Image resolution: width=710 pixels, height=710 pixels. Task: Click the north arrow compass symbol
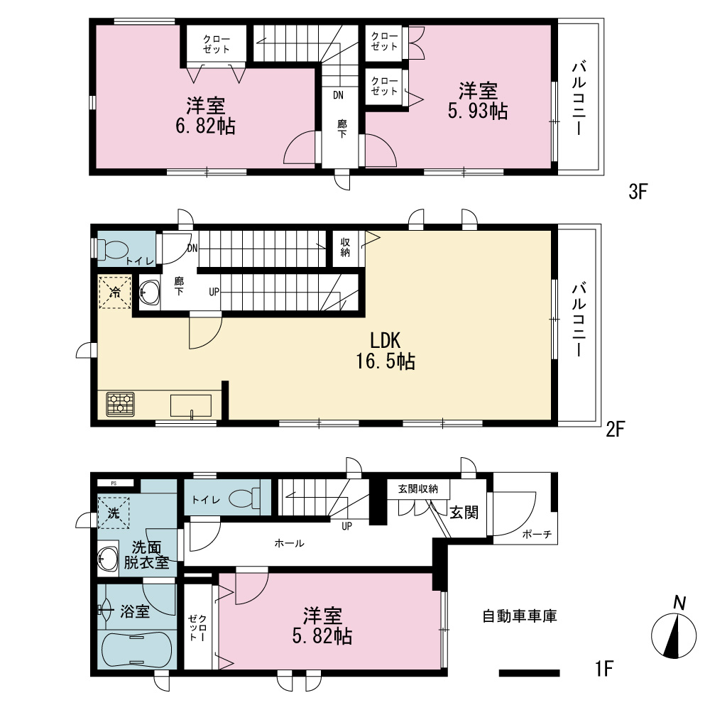674,635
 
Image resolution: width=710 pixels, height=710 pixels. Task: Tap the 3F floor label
638,192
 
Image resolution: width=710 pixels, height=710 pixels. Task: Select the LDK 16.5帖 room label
386,351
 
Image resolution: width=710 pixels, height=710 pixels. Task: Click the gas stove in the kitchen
121,405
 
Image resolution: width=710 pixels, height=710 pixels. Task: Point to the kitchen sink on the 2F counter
190,405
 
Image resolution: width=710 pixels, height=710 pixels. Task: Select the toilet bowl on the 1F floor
245,498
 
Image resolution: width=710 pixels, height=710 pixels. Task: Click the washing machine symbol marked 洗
114,513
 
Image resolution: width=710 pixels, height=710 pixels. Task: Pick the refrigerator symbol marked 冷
115,292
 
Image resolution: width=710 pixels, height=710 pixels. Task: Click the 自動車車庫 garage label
520,616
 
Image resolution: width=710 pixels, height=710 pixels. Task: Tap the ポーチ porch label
537,535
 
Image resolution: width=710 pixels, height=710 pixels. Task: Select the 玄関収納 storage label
418,489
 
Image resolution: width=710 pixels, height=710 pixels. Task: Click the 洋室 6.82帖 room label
206,116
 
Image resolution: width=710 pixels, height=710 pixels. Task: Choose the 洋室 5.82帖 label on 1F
322,626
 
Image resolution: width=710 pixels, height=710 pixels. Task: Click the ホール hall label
290,543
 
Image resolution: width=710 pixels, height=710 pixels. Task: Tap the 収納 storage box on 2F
346,248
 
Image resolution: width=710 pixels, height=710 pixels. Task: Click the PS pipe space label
114,483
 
